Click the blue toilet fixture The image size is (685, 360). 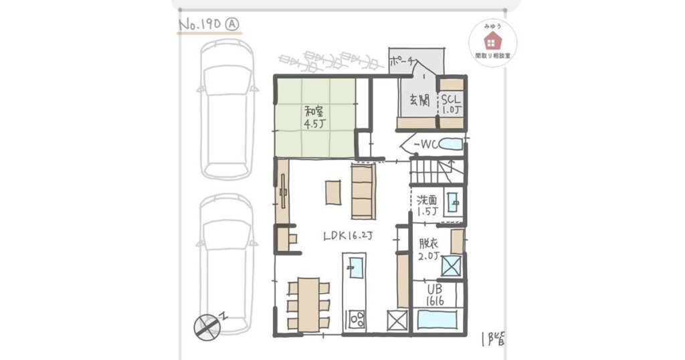(x=452, y=145)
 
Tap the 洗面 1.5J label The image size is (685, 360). (x=427, y=204)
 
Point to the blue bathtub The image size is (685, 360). (x=437, y=319)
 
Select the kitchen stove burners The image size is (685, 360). (x=355, y=319)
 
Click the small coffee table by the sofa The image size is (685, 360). (x=332, y=191)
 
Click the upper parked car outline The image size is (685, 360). (x=227, y=107)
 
